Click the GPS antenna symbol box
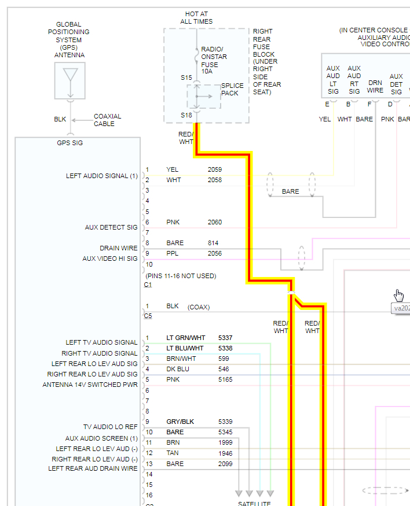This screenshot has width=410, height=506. pyautogui.click(x=69, y=80)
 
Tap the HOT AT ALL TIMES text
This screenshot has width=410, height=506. pyautogui.click(x=196, y=17)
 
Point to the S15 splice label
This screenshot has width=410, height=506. pyautogui.click(x=186, y=77)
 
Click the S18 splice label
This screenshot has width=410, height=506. pyautogui.click(x=186, y=115)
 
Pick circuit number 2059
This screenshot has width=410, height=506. pyautogui.click(x=215, y=169)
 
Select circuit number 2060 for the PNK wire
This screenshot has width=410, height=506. pyautogui.click(x=215, y=222)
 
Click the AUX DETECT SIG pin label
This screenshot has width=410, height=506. pyautogui.click(x=111, y=228)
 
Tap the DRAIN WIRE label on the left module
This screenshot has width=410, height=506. pyautogui.click(x=119, y=248)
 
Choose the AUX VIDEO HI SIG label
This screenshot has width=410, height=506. pyautogui.click(x=110, y=258)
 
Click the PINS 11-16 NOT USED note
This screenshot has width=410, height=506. pyautogui.click(x=181, y=276)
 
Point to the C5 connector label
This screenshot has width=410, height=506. pyautogui.click(x=148, y=315)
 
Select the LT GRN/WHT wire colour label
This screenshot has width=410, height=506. pyautogui.click(x=185, y=337)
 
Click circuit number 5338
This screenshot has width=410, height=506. pyautogui.click(x=225, y=348)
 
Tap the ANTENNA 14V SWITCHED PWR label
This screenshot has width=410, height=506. pyautogui.click(x=90, y=385)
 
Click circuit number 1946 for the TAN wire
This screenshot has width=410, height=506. pyautogui.click(x=225, y=453)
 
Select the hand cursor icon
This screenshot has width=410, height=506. pyautogui.click(x=398, y=294)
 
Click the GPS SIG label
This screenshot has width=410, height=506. pyautogui.click(x=69, y=143)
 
